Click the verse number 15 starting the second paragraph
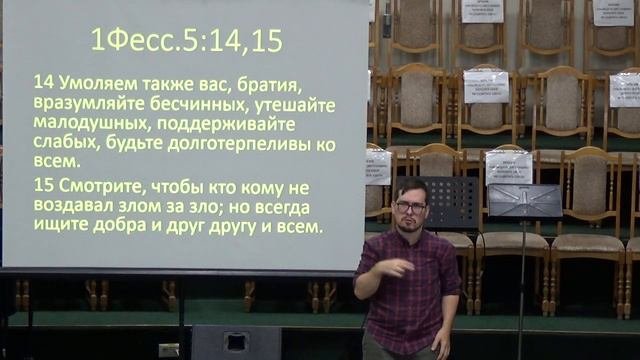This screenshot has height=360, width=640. point(43,187)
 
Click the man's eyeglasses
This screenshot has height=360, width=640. point(410,206)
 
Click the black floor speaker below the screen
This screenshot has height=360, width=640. point(236,342)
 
